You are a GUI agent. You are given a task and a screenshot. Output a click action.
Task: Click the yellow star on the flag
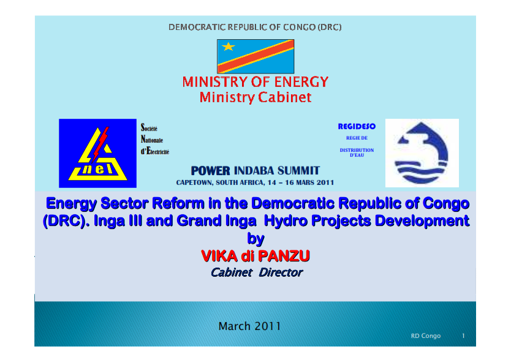tap(228, 47)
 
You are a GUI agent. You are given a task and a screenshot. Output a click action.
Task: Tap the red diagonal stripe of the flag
tap(256, 56)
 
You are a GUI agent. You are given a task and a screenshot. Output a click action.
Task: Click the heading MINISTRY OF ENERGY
tap(255, 82)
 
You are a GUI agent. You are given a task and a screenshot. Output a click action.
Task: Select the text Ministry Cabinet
tap(255, 97)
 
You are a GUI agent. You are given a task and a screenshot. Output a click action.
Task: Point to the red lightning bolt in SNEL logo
tap(100, 144)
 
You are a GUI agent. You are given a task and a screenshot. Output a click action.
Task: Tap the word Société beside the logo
tap(149, 127)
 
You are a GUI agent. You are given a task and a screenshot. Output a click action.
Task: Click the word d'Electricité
tap(155, 151)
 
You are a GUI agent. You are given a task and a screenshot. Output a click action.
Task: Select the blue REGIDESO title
tap(357, 126)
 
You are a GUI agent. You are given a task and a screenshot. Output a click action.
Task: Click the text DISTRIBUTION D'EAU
tap(357, 152)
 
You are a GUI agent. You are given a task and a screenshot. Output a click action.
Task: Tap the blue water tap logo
tap(422, 152)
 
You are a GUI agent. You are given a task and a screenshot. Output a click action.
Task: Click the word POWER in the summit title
tap(210, 171)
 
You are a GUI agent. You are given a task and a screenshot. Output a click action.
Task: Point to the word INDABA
tap(254, 170)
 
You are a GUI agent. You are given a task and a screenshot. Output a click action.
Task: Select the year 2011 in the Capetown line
tap(325, 182)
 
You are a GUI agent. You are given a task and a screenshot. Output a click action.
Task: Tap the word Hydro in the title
tap(286, 221)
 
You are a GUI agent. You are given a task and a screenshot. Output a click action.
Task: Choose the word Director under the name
tap(281, 272)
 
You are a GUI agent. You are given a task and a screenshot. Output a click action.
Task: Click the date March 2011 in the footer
tap(249, 326)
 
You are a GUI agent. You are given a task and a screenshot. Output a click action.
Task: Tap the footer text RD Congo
tap(426, 336)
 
